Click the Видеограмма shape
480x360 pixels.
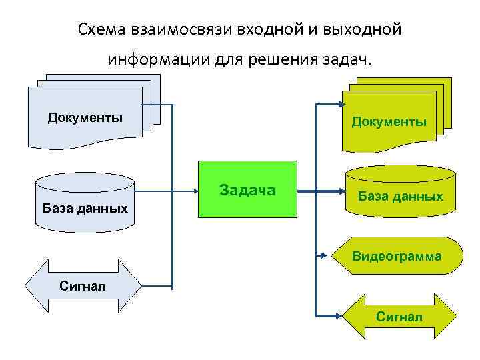[x=397, y=256]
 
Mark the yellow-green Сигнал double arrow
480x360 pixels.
[x=399, y=316]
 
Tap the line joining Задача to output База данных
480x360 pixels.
[x=320, y=192]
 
